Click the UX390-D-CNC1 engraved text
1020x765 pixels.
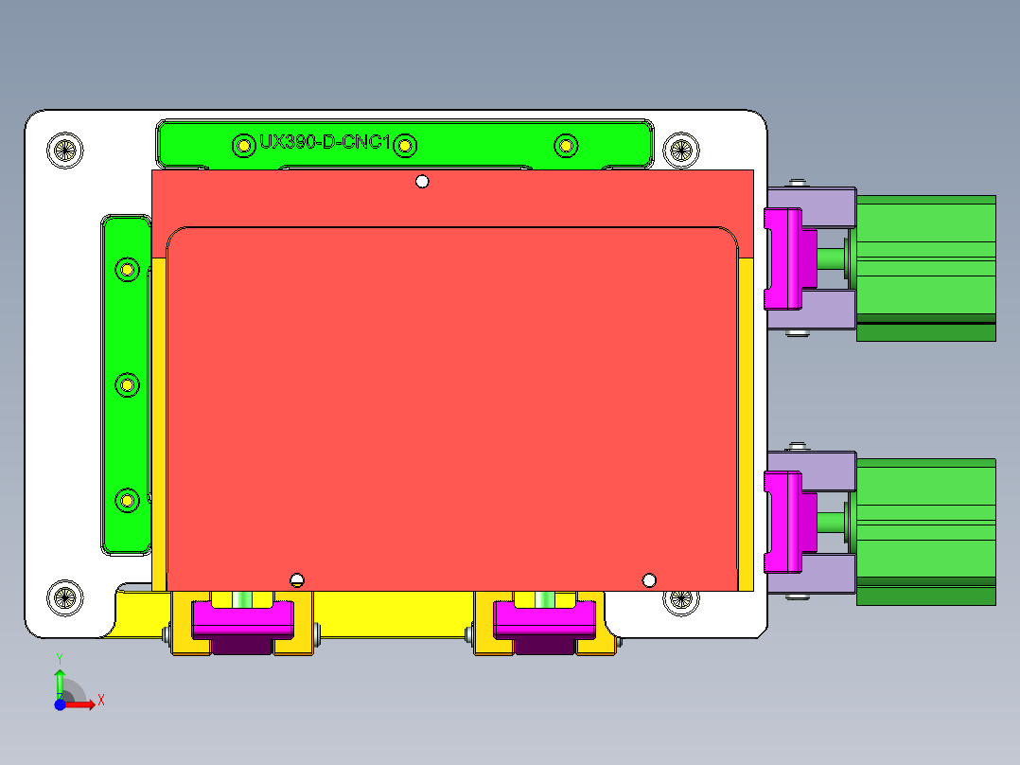(x=325, y=143)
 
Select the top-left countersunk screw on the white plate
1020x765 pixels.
(x=64, y=150)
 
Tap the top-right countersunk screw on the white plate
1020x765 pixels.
(x=679, y=150)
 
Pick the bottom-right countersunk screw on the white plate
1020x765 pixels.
(x=679, y=600)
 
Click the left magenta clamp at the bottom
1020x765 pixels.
(x=241, y=618)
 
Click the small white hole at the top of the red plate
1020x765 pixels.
(x=423, y=182)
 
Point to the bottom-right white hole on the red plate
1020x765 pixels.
(x=649, y=579)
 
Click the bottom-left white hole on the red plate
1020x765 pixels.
(x=297, y=580)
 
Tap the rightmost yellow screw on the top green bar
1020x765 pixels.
(x=565, y=145)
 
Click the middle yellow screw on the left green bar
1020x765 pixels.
(x=127, y=384)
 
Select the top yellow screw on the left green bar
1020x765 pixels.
(x=127, y=270)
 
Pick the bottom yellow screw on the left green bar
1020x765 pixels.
(x=127, y=498)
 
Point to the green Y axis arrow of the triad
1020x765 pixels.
(x=60, y=680)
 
